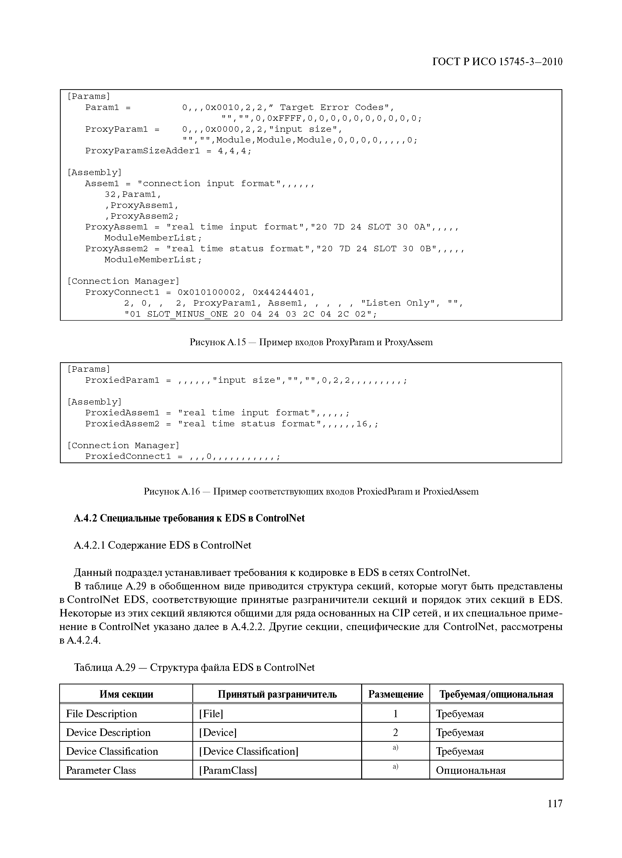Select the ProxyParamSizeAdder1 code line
(168, 151)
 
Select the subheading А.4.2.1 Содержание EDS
(163, 545)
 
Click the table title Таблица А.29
(194, 667)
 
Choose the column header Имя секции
(126, 694)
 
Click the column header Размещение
(396, 694)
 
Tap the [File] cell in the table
(211, 714)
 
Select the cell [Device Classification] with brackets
(249, 751)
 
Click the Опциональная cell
(471, 771)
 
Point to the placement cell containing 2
(396, 732)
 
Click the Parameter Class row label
(101, 771)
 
